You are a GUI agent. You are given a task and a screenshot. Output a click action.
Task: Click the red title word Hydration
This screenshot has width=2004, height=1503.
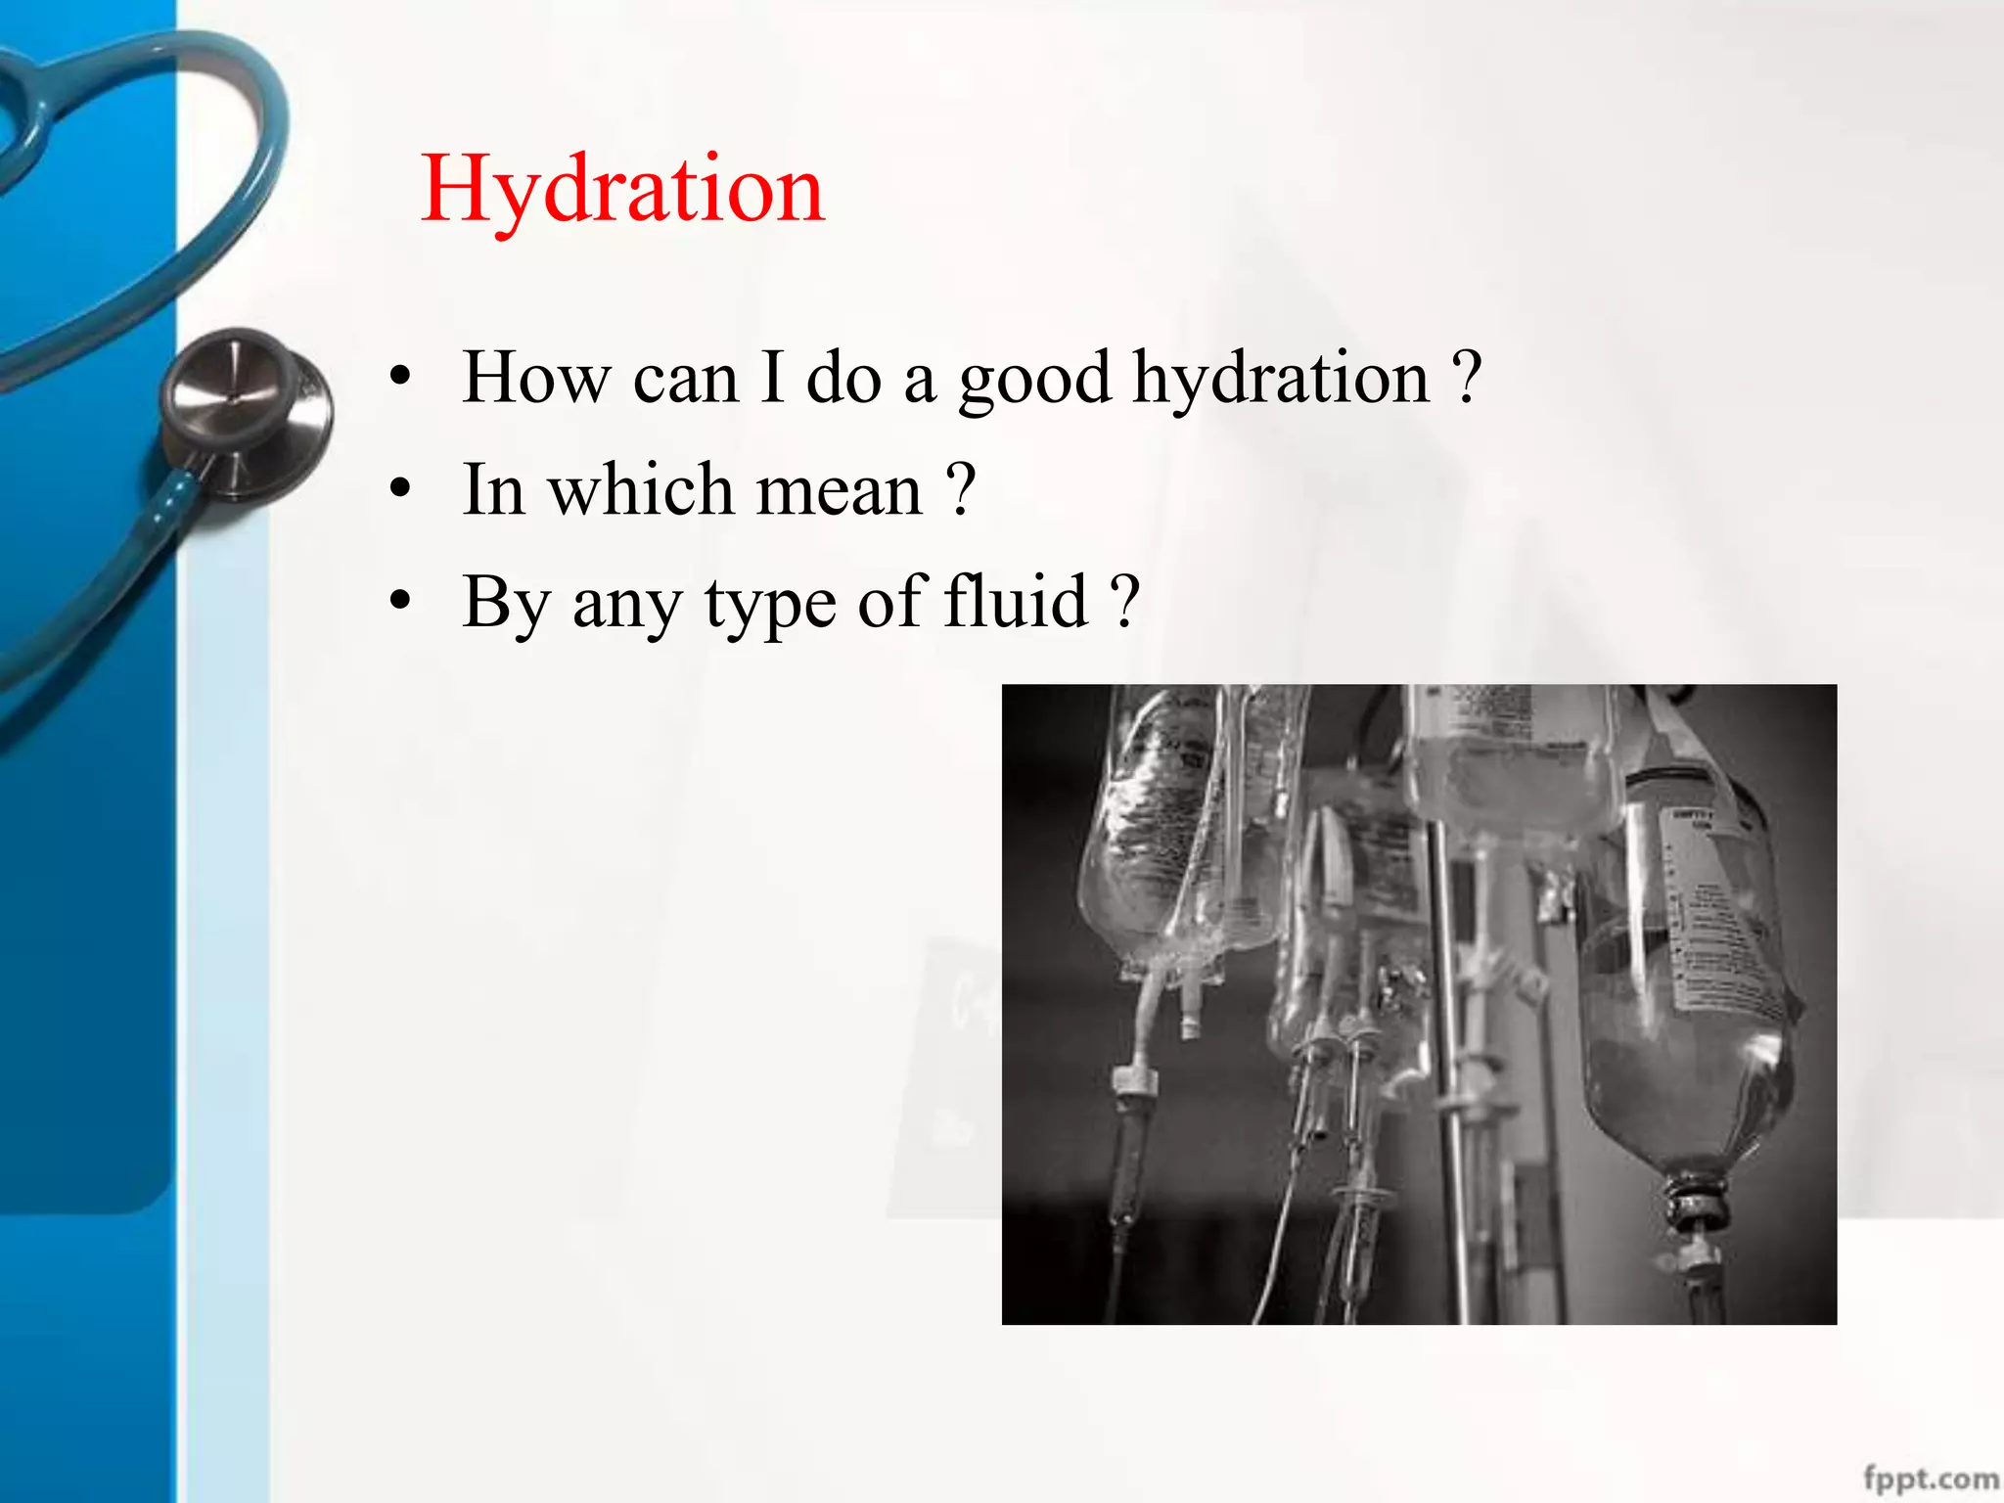point(622,190)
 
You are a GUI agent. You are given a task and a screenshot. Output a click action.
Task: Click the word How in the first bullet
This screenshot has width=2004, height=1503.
point(534,377)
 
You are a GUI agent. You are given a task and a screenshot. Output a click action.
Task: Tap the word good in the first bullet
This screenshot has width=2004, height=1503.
point(1034,380)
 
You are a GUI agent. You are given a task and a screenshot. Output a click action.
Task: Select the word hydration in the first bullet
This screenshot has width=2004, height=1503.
point(1281,378)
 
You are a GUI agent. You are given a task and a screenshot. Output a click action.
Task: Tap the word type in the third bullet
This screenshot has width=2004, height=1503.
point(770,605)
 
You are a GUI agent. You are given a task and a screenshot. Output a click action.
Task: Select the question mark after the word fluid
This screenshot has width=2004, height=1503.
point(1126,601)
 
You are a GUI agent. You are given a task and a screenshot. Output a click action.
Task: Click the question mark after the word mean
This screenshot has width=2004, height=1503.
point(962,489)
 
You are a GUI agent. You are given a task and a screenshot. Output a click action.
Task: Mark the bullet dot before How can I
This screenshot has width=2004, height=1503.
point(399,378)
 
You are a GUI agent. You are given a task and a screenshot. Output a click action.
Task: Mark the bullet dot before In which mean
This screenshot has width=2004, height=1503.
point(399,489)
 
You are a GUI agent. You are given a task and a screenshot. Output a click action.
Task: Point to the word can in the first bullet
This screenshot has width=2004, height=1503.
point(685,379)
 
